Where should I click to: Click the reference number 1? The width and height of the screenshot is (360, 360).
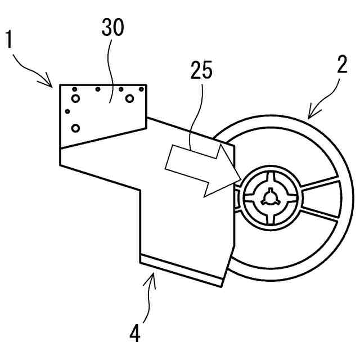pyautogui.click(x=9, y=40)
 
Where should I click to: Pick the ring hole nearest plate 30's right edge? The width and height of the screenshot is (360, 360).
pyautogui.click(x=129, y=98)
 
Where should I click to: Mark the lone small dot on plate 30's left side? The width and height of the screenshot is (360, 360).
pyautogui.click(x=67, y=111)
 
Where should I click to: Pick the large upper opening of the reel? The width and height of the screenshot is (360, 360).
pyautogui.click(x=287, y=152)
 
